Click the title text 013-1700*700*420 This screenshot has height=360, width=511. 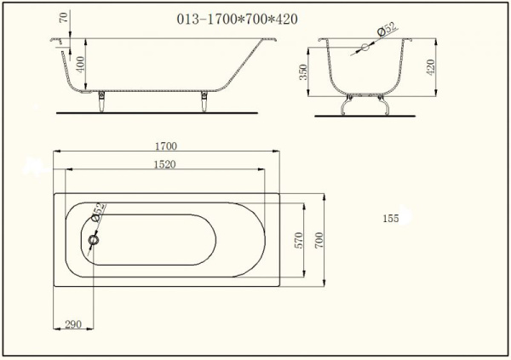pyautogui.click(x=237, y=20)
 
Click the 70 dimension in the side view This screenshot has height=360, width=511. pyautogui.click(x=64, y=17)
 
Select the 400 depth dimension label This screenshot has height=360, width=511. pyautogui.click(x=80, y=64)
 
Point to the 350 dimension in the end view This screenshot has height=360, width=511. pyautogui.click(x=303, y=72)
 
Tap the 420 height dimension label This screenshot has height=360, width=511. pyautogui.click(x=430, y=67)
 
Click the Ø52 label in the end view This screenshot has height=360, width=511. pyautogui.click(x=387, y=29)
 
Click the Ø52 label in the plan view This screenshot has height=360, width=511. pyautogui.click(x=99, y=212)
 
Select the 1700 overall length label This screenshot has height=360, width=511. pyautogui.click(x=166, y=146)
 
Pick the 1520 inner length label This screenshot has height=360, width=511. pyautogui.click(x=165, y=164)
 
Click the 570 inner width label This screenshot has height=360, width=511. pyautogui.click(x=299, y=240)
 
